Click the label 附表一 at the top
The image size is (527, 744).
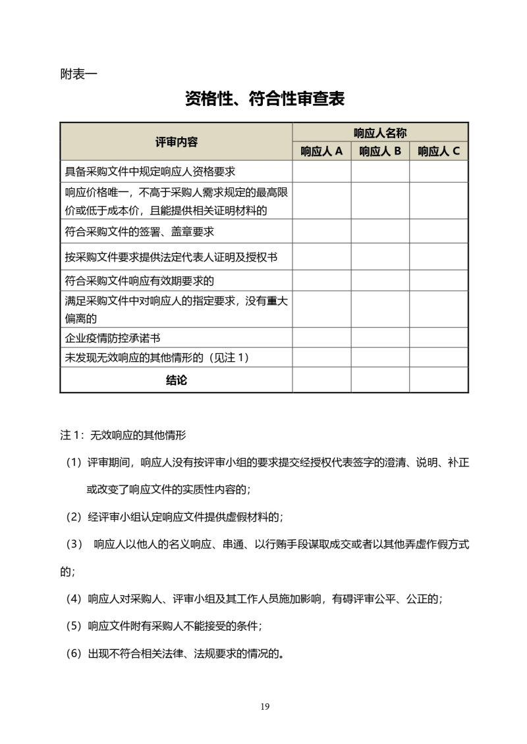tap(78, 74)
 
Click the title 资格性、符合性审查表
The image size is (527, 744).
tap(265, 99)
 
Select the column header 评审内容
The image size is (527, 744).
tap(176, 142)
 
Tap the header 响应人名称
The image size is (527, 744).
tap(380, 132)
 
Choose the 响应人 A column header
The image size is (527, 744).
tap(321, 152)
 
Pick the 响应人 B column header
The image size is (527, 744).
tap(380, 152)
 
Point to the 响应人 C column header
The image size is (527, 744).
tap(439, 152)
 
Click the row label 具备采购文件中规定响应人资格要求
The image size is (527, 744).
tap(150, 172)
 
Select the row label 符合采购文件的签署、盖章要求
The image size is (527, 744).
tap(140, 232)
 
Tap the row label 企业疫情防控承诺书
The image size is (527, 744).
tap(113, 338)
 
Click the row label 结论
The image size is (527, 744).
tap(176, 380)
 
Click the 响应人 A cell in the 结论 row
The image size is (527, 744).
tap(321, 380)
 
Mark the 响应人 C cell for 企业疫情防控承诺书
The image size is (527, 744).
tap(439, 338)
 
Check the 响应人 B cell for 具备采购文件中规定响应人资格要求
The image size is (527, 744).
tap(380, 172)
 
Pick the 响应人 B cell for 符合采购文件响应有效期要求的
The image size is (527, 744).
tap(380, 281)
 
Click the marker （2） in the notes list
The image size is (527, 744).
tap(74, 516)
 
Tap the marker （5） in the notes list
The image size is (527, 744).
tap(74, 626)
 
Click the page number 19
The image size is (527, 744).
tap(265, 707)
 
